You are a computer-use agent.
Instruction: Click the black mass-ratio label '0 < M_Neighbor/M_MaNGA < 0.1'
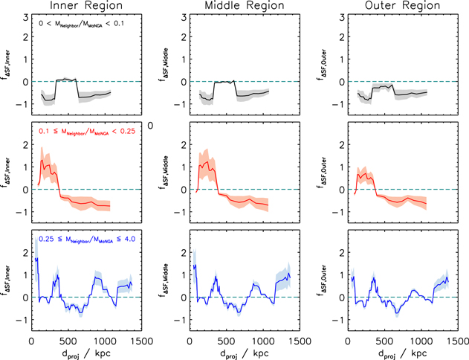point(82,24)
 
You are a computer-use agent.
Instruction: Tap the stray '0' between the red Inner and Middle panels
point(151,126)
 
